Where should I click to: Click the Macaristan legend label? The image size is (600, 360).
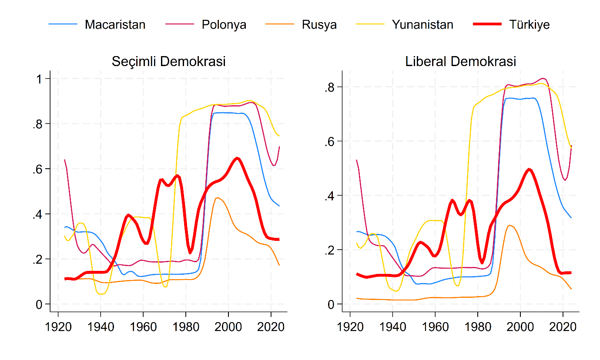click(x=115, y=25)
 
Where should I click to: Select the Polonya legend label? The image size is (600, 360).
click(x=224, y=25)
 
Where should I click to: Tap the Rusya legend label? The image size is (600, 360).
click(x=319, y=25)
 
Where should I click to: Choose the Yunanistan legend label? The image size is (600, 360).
click(x=422, y=25)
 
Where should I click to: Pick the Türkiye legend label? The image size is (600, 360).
click(x=529, y=25)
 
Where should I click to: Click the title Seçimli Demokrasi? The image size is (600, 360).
click(x=168, y=61)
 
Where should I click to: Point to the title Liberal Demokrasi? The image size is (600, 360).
click(x=460, y=61)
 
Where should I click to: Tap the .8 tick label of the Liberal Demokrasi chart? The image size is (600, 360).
click(x=329, y=87)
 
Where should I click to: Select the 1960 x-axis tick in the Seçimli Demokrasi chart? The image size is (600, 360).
click(x=143, y=327)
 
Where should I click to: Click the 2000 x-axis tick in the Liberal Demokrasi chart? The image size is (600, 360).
click(x=520, y=327)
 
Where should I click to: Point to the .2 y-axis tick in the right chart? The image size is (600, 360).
click(x=329, y=250)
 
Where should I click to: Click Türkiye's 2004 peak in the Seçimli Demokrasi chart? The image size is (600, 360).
click(x=237, y=158)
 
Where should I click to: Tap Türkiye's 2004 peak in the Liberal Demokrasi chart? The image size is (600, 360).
click(x=529, y=169)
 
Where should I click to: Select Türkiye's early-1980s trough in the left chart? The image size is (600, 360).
click(x=190, y=253)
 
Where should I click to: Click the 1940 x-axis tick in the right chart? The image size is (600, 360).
click(x=392, y=327)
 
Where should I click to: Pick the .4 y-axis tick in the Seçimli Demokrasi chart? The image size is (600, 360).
click(x=37, y=214)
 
